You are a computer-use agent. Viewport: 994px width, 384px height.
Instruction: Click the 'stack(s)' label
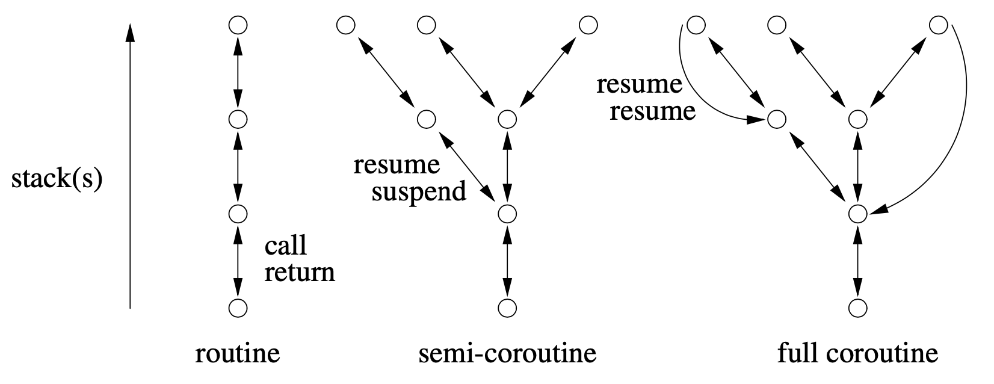pos(57,180)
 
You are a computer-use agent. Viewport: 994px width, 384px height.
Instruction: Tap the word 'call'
pos(286,246)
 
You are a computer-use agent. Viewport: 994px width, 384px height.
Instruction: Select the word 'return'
pos(300,273)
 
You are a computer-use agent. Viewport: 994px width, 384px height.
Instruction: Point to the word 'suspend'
pos(419,191)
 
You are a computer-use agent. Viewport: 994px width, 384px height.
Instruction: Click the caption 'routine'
pos(238,353)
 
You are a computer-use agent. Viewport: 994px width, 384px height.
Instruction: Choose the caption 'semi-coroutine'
pos(507,353)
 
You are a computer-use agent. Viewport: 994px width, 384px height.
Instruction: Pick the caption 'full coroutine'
pos(857,353)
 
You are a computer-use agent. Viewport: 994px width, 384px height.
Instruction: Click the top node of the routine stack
pos(238,25)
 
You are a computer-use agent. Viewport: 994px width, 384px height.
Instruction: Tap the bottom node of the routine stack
pos(238,308)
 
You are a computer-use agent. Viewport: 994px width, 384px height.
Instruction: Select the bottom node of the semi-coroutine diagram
pos(508,308)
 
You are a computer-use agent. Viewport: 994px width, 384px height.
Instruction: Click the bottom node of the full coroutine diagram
pos(857,308)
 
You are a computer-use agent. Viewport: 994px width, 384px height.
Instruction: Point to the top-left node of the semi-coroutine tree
pos(345,25)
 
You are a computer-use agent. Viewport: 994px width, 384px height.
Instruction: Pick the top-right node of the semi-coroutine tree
pos(588,25)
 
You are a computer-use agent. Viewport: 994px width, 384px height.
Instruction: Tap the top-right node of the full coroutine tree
pos(938,25)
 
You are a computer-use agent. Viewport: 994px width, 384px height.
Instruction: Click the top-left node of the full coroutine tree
pos(696,25)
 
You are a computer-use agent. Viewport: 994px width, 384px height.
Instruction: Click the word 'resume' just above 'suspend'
pos(397,164)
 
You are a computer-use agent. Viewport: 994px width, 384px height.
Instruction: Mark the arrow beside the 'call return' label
pos(238,261)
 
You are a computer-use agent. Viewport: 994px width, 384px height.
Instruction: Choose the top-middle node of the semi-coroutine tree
pos(426,25)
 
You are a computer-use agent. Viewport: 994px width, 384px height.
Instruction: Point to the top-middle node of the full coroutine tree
pos(777,25)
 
